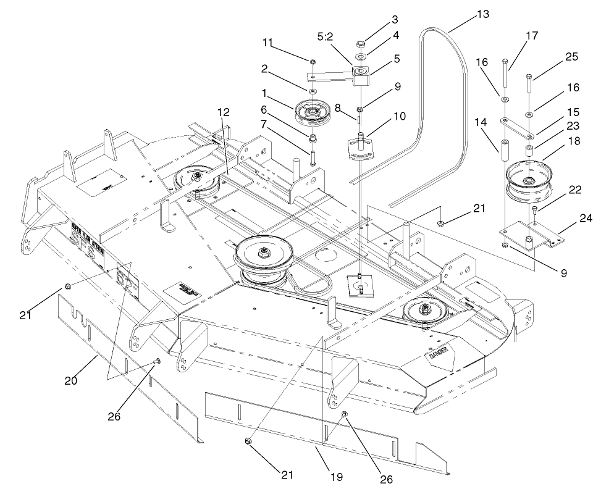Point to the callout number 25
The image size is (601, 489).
(x=571, y=57)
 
